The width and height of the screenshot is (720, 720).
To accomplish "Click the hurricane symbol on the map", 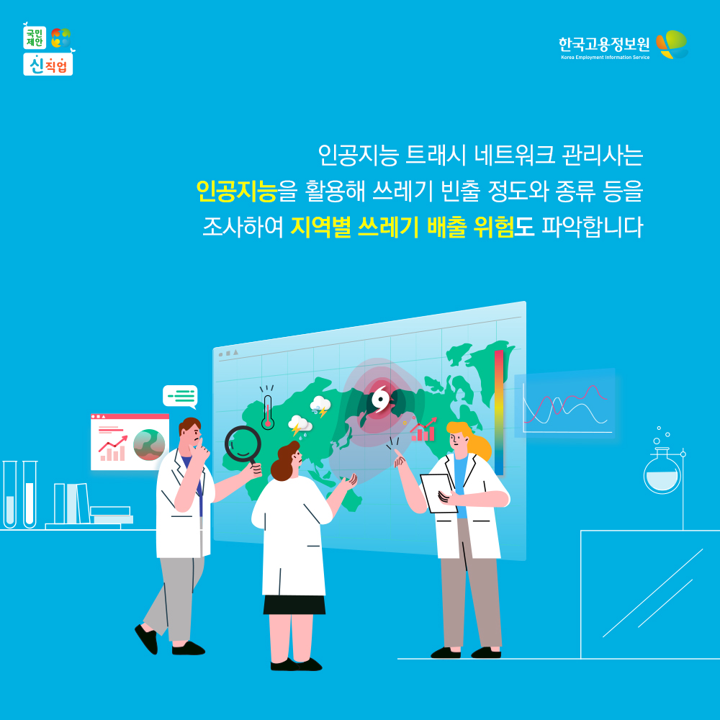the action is point(380,399).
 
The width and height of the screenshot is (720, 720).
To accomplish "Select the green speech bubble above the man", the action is point(180,397).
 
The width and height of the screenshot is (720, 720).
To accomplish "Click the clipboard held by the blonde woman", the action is point(438,493).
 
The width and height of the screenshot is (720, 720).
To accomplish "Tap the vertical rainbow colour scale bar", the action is point(499,413).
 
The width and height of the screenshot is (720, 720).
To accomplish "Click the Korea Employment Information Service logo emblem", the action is point(672,45).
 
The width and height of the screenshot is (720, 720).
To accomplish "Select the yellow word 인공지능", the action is point(236,191).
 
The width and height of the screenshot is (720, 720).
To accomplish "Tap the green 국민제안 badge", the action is point(35,37).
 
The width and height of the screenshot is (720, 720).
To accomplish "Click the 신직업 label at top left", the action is point(48,65).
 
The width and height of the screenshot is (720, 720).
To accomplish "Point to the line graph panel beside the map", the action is point(564,403).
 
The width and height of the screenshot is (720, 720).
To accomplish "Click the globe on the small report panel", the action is point(149,444).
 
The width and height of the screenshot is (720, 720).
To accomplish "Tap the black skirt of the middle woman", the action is point(294,604).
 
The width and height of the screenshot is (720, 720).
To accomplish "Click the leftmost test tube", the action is point(9,494).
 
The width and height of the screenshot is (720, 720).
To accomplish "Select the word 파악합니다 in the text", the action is point(592,227).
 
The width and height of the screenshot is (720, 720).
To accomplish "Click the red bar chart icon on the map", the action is point(423,431).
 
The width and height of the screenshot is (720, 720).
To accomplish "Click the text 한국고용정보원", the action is point(604,45).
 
